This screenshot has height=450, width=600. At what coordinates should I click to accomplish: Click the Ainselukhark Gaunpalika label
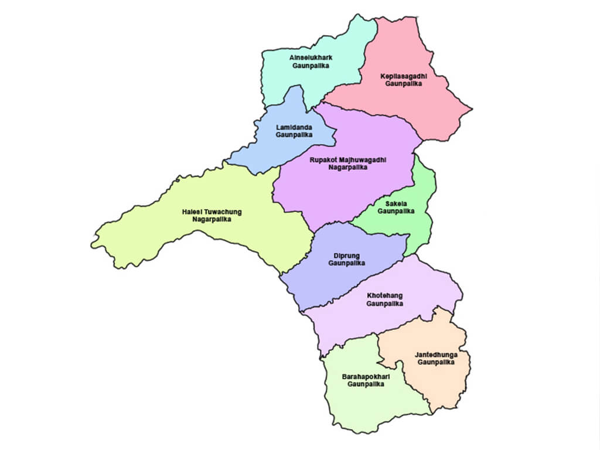coord(311,62)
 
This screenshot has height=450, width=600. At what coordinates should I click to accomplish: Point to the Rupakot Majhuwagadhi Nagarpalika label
coord(349,163)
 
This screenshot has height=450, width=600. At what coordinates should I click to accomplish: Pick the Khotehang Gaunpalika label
coord(385,299)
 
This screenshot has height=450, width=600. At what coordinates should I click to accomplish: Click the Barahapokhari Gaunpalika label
coord(366,380)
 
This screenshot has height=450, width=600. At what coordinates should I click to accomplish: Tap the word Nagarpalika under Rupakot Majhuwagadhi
coord(349,167)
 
